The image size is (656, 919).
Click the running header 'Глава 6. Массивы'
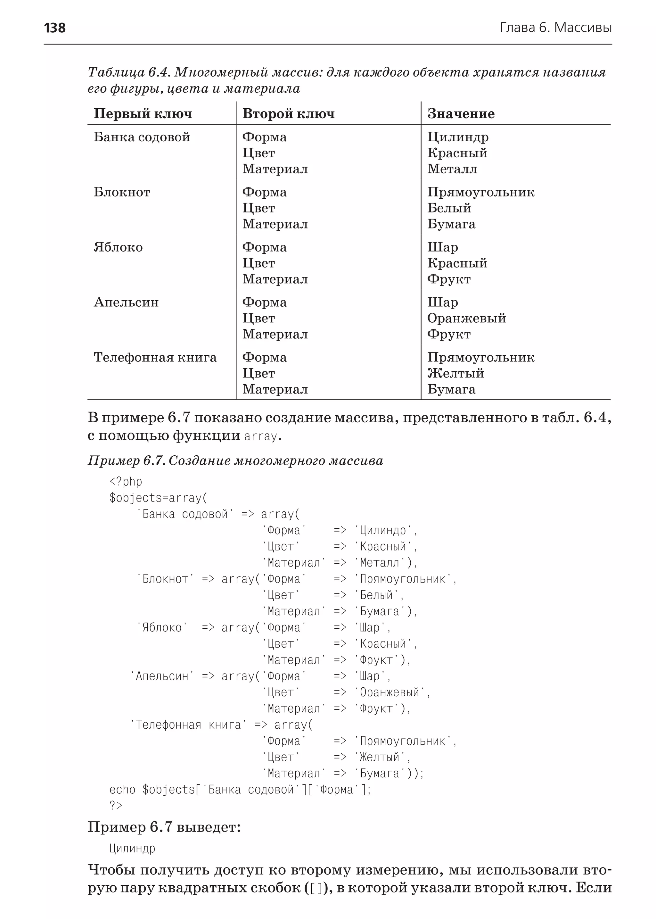555,28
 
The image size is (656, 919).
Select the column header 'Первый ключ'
143,114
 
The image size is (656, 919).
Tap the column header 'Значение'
461,114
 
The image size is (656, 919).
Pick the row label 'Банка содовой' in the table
142,137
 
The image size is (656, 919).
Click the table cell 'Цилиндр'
458,137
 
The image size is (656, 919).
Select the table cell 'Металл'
452,169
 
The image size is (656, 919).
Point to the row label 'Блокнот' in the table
122,192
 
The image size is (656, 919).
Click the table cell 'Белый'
449,208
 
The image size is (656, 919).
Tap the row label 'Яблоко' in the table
118,247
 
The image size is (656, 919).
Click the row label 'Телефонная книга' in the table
155,357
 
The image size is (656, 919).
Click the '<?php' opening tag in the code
126,482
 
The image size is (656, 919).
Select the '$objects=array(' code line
158,498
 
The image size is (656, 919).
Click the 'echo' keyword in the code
122,789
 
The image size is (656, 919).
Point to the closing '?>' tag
116,806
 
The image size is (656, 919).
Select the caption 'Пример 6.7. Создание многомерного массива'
235,461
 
